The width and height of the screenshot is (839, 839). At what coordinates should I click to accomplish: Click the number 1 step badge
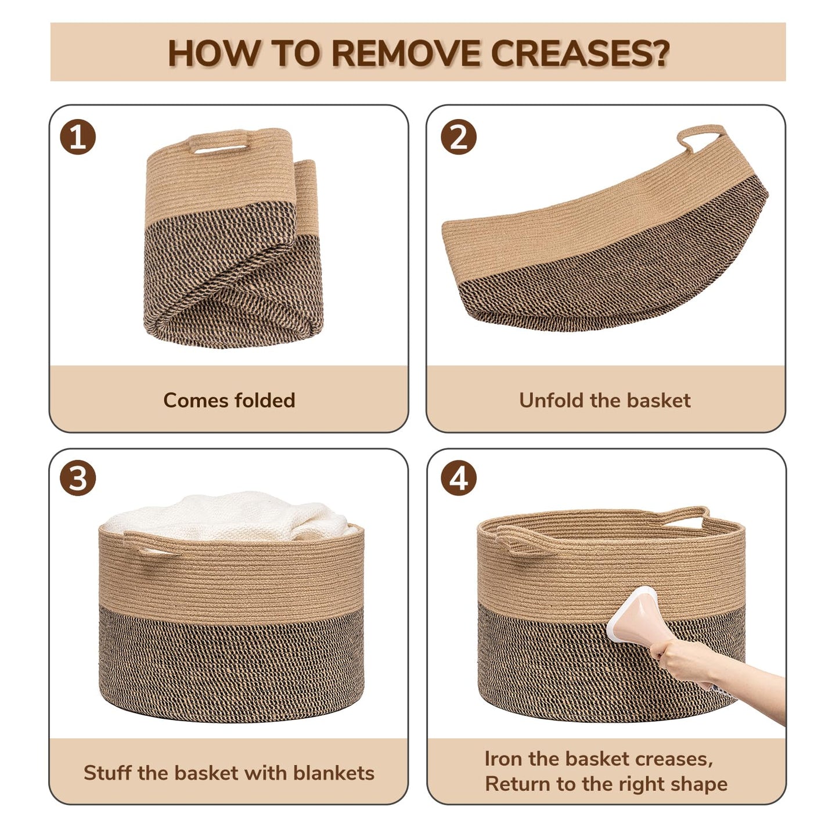(77, 136)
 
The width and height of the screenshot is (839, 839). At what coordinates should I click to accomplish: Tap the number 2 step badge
(459, 136)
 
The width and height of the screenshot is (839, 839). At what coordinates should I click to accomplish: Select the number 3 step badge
(77, 478)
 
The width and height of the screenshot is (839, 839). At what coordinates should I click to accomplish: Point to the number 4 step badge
(459, 478)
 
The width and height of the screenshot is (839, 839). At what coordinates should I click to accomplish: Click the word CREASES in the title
(579, 53)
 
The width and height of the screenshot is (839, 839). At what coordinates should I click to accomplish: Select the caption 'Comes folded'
(229, 400)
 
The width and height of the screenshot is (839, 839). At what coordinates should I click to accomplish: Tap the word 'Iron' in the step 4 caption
(500, 759)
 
